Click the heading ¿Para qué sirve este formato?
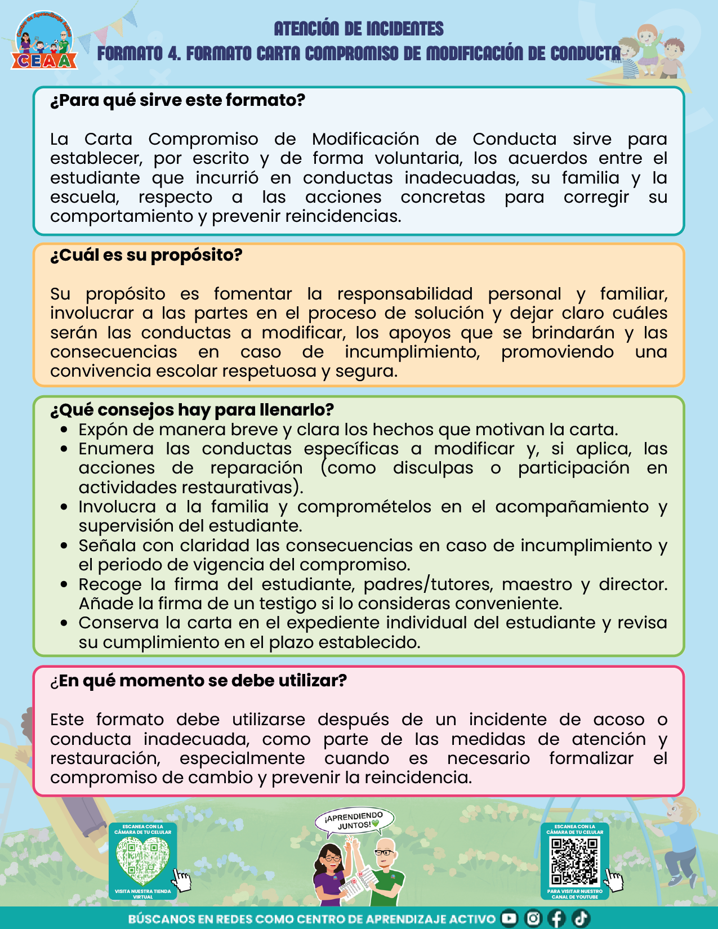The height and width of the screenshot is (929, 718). point(177,100)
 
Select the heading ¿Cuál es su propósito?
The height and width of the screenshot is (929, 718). point(146,255)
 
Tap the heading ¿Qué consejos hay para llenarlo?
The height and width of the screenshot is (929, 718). point(192,410)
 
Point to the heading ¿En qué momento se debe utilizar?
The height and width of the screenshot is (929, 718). point(198,681)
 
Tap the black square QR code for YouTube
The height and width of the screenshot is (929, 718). point(574,861)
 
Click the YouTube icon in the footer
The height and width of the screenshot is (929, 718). point(509,918)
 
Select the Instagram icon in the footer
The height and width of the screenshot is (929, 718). point(533,918)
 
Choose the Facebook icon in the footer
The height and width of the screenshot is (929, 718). point(556,918)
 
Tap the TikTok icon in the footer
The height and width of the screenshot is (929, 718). point(581,918)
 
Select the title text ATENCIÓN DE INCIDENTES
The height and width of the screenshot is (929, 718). point(359,29)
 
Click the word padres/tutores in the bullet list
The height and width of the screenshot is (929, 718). point(428,584)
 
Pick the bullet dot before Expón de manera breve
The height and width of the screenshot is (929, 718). point(65,430)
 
